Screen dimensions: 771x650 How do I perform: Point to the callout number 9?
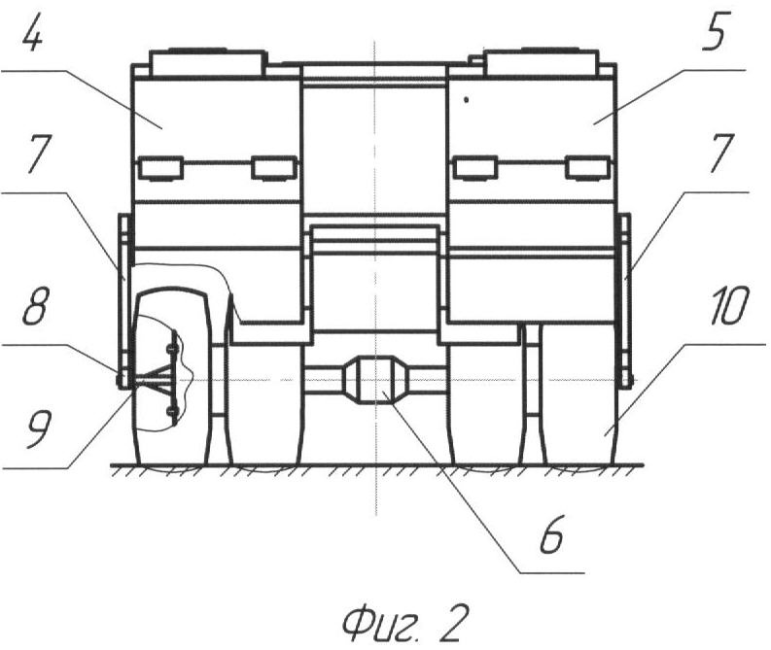click(39, 428)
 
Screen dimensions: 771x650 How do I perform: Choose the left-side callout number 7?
click(39, 153)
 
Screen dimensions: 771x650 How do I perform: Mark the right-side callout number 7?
click(721, 153)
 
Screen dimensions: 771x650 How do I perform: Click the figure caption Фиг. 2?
click(403, 623)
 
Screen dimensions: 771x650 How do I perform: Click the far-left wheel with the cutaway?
click(171, 376)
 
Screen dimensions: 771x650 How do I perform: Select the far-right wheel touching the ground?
click(579, 393)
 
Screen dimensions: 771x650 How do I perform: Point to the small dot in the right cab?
click(466, 100)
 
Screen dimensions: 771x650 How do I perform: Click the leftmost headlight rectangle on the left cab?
click(160, 167)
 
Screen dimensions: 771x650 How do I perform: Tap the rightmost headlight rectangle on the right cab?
click(588, 167)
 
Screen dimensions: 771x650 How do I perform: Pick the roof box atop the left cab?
click(206, 62)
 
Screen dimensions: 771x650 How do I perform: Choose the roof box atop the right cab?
click(541, 62)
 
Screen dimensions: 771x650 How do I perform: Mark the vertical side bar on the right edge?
click(625, 300)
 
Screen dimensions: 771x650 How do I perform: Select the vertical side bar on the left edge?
click(124, 301)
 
